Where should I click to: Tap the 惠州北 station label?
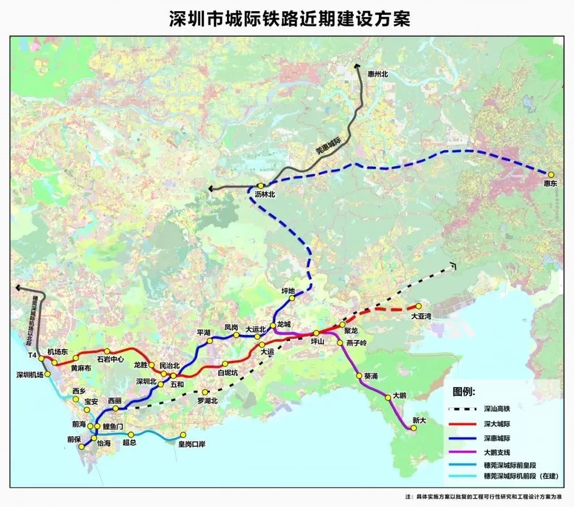point(378,74)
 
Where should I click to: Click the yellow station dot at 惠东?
point(551,174)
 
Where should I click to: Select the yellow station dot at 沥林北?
point(260,186)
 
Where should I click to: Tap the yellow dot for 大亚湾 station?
point(418,306)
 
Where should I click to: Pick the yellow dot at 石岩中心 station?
point(107,351)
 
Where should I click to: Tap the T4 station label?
point(32,355)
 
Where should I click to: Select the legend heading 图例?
point(464,392)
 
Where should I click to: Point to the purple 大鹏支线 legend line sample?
point(463,452)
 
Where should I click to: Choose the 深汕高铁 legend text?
point(497,410)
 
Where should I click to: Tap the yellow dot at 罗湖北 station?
point(204,392)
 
